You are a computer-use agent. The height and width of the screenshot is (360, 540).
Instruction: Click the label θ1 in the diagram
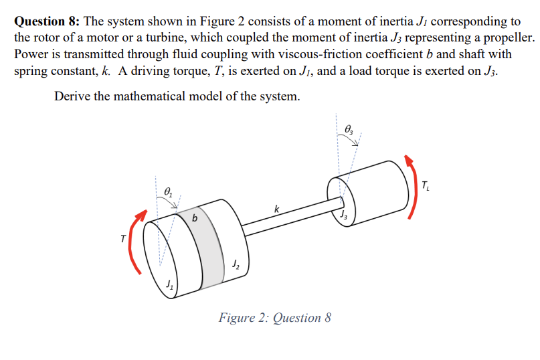(169, 193)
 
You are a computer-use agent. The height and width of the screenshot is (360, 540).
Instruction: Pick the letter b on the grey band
(195, 219)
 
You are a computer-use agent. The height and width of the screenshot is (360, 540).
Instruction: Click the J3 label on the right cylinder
(343, 215)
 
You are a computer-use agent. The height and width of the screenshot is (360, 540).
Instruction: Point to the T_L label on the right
(428, 184)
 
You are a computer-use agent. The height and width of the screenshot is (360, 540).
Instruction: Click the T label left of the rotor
(122, 239)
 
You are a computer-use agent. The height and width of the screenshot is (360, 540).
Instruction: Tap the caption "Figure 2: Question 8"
(274, 317)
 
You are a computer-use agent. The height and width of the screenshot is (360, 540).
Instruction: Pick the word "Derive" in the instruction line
(72, 96)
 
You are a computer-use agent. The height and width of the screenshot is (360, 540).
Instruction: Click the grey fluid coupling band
(201, 234)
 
